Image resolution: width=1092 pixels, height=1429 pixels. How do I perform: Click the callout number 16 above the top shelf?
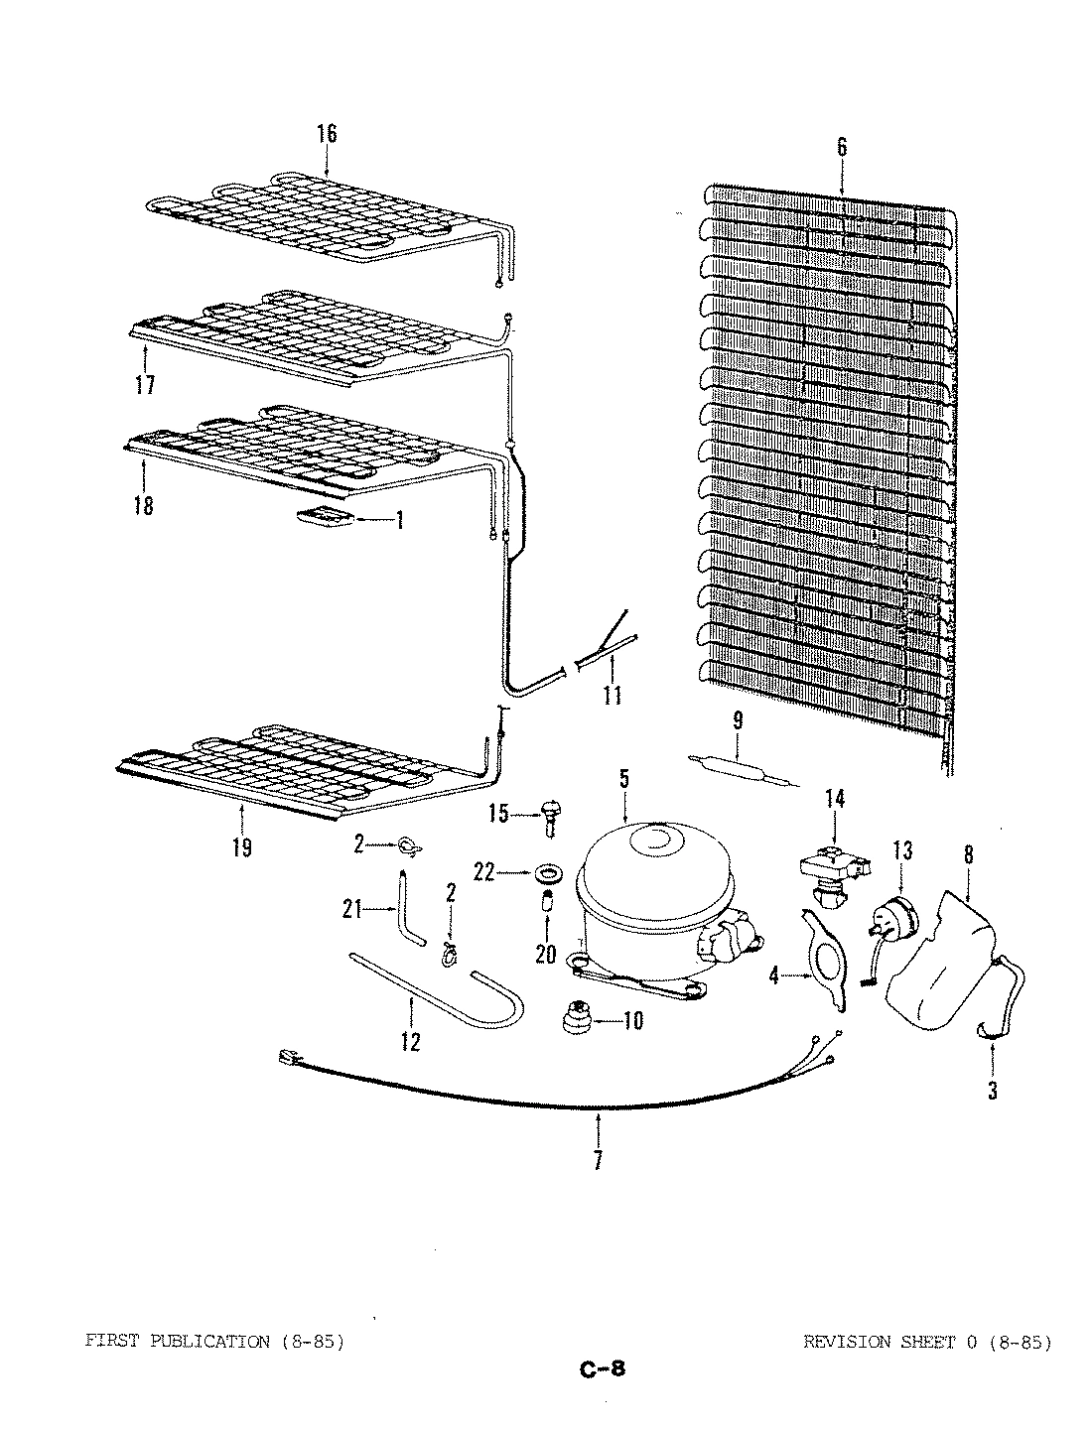click(x=327, y=133)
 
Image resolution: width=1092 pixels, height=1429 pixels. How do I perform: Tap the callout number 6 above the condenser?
click(x=842, y=148)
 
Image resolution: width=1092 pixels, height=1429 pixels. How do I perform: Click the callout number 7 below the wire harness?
click(x=598, y=1159)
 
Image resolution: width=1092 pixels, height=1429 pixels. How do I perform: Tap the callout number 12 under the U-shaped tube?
click(x=410, y=1041)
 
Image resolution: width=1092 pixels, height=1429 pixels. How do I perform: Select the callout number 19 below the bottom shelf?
click(x=241, y=846)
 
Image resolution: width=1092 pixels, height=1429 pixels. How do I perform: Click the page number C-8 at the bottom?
click(x=602, y=1370)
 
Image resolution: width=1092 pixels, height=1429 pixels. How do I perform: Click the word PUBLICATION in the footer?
click(x=208, y=1343)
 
